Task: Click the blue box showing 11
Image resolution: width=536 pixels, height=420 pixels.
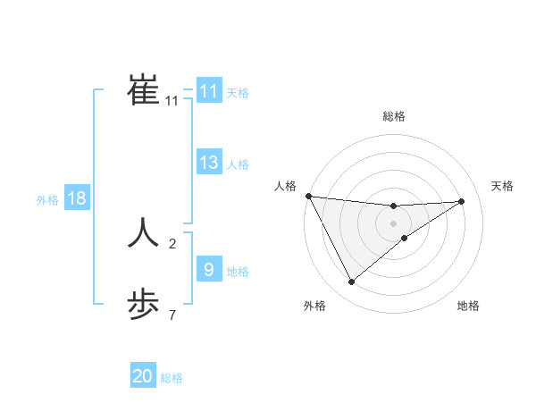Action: [208, 91]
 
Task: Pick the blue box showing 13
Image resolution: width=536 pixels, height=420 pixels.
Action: [208, 163]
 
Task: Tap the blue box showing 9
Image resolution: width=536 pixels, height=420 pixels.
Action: [208, 269]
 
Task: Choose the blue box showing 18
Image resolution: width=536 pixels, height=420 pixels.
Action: [77, 198]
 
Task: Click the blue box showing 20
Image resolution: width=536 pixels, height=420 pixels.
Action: [143, 376]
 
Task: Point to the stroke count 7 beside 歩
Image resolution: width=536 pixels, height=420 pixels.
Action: [172, 315]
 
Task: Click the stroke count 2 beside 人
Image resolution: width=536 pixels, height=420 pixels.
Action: [172, 243]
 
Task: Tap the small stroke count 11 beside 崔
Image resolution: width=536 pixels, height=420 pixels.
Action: [172, 101]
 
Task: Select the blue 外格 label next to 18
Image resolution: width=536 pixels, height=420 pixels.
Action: [47, 200]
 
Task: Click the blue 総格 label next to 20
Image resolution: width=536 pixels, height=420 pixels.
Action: [172, 378]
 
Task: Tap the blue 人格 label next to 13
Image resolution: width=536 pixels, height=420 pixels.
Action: [238, 164]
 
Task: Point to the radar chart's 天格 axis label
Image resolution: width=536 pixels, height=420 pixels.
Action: [502, 186]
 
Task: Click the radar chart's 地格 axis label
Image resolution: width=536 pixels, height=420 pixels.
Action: [468, 306]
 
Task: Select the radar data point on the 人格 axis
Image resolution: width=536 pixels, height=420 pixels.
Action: [308, 196]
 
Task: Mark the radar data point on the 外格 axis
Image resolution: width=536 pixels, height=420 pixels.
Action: [351, 282]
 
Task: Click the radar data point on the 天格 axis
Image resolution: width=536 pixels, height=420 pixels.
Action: [462, 201]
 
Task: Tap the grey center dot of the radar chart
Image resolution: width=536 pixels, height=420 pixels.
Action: [393, 223]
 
